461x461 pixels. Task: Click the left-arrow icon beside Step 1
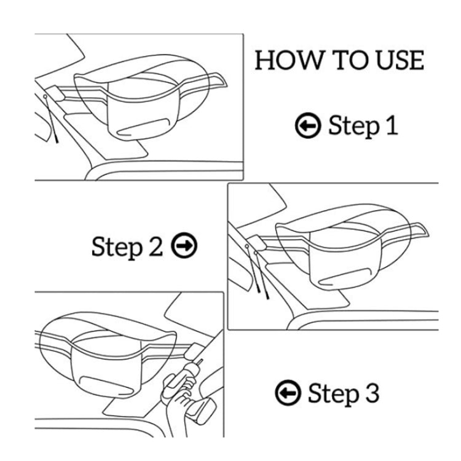point(307,126)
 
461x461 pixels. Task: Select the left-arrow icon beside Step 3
point(287,392)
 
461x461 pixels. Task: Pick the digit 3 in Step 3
point(370,392)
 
